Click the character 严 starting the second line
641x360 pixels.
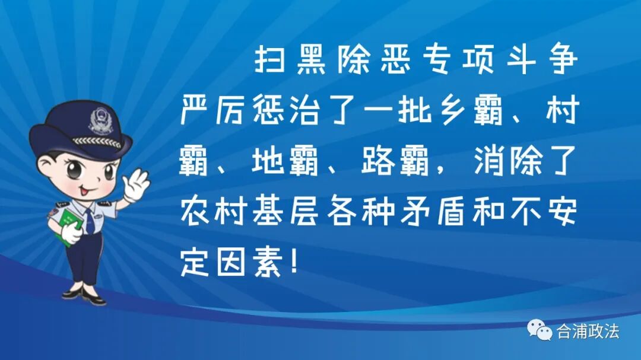pos(196,113)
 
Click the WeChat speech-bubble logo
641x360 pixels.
pos(540,330)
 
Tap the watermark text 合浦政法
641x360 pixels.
pos(587,331)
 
